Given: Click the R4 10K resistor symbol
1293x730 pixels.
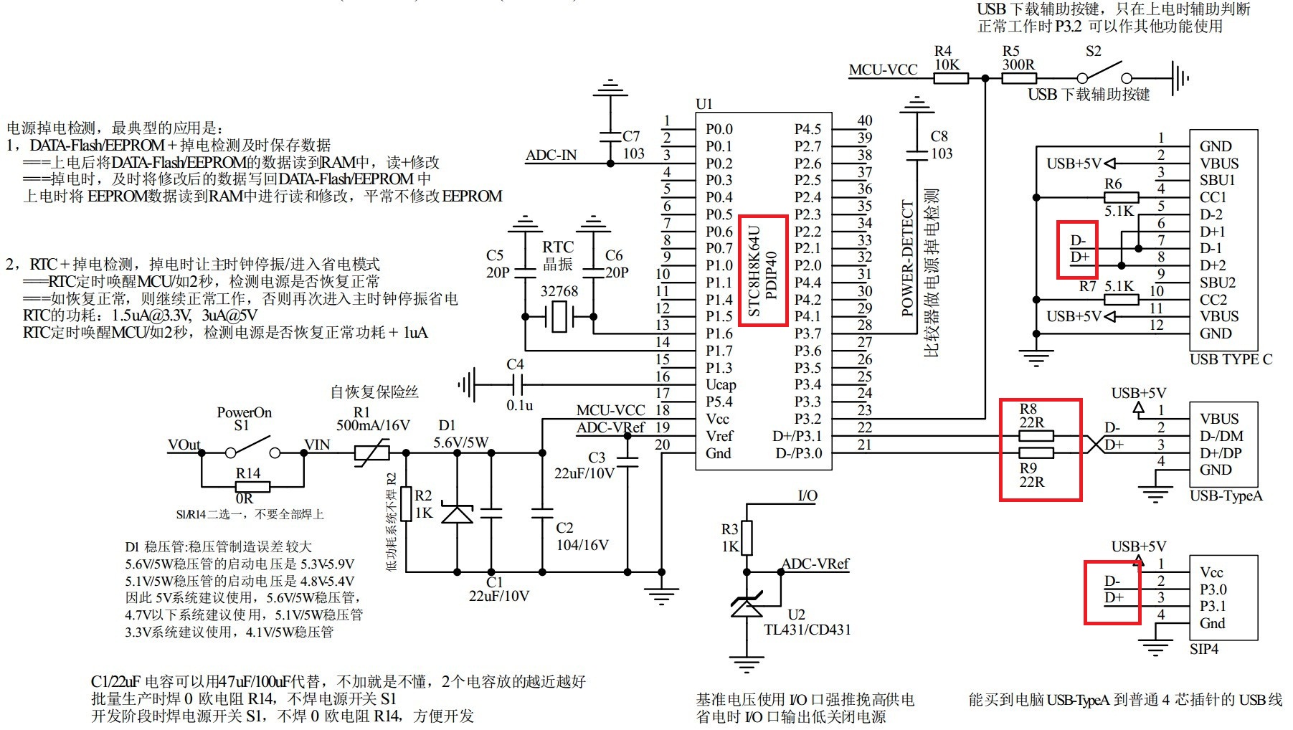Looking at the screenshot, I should click(x=951, y=78).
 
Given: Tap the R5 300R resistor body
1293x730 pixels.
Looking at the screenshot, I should click(x=1019, y=78).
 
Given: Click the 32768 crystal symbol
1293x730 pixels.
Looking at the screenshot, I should click(x=559, y=316).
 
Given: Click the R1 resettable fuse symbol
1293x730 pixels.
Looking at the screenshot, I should click(x=372, y=452).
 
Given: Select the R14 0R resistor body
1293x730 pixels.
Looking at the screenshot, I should click(x=252, y=487).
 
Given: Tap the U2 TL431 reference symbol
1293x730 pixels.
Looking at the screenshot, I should click(x=747, y=607).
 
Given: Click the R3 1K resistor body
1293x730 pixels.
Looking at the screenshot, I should click(x=747, y=538).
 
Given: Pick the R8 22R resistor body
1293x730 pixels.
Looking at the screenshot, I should click(x=1036, y=435).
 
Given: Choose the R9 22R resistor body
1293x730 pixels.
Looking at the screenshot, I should click(x=1036, y=452).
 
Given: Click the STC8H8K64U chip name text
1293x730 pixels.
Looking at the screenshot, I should click(x=754, y=272).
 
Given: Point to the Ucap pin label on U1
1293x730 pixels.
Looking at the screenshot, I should click(x=721, y=385).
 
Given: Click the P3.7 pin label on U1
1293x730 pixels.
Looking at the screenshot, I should click(x=807, y=333).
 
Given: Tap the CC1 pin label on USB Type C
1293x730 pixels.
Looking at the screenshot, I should click(x=1213, y=197).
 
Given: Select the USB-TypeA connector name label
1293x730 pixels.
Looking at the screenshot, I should click(x=1226, y=496).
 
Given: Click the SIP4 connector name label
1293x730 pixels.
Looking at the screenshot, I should click(x=1204, y=649).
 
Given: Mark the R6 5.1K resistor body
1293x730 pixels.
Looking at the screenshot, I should click(x=1122, y=197).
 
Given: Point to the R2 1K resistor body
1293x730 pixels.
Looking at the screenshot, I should click(x=407, y=503).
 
